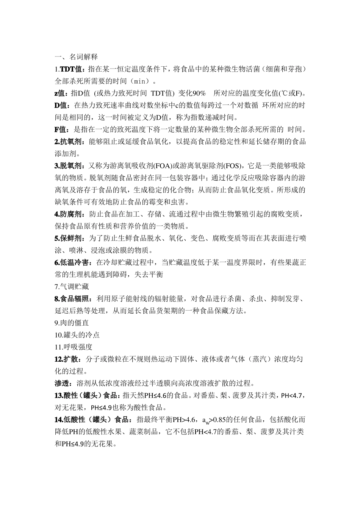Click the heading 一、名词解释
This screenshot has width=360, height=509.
[x=76, y=57]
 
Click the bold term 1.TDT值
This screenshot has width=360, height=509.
[x=69, y=69]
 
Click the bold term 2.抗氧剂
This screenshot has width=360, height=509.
[x=69, y=142]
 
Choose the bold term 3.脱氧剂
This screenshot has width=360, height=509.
[x=69, y=166]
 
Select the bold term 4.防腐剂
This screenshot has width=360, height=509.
[x=69, y=214]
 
